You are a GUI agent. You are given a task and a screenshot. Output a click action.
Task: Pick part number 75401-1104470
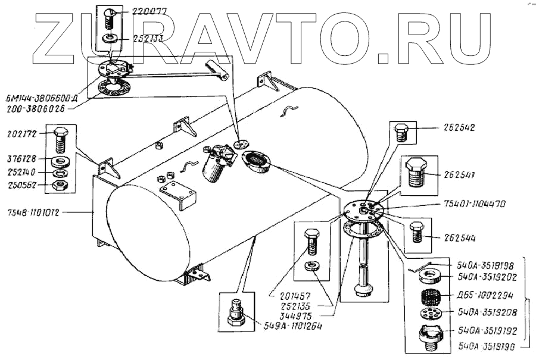click(475, 203)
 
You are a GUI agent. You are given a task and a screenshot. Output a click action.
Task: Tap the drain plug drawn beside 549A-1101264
click(237, 313)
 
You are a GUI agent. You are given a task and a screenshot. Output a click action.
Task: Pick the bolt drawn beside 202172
click(61, 139)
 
